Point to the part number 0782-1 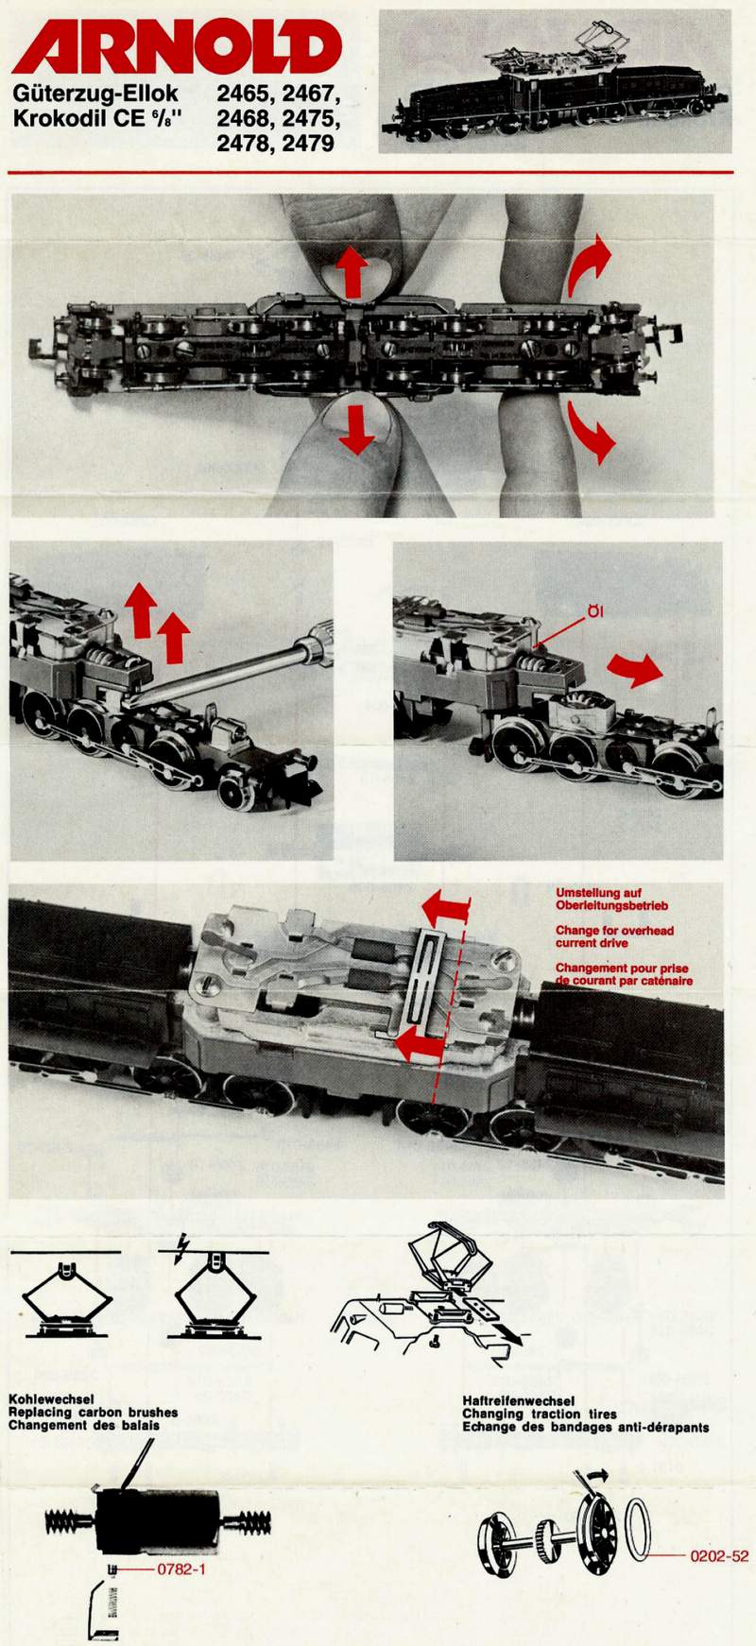pos(180,1569)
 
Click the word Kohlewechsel pos(51,1399)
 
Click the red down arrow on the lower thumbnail pos(356,428)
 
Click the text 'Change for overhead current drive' pos(614,936)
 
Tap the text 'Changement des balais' pos(84,1425)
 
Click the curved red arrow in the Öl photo pos(635,669)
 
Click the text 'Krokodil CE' pos(78,120)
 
